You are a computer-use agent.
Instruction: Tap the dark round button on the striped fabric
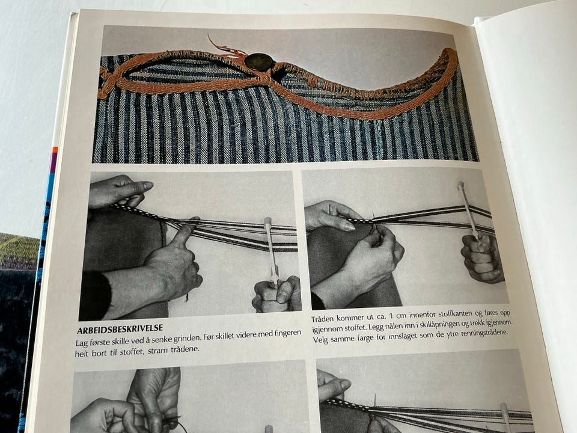(260, 61)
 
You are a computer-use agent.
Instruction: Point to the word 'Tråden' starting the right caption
(323, 319)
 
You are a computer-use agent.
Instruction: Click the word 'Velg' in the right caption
(320, 340)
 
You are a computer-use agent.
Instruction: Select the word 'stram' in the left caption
(158, 350)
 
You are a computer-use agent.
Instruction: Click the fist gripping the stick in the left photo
(276, 294)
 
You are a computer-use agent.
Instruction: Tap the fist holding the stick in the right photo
(482, 257)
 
